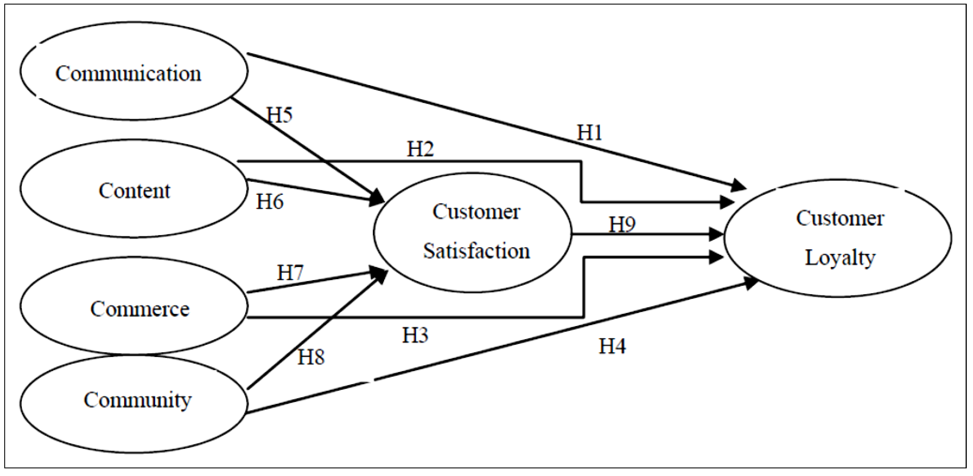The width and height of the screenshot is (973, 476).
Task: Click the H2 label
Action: click(420, 149)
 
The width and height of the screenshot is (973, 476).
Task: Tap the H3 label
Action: click(415, 335)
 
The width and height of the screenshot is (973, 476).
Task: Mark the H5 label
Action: click(279, 115)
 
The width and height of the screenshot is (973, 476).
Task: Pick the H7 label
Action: click(290, 272)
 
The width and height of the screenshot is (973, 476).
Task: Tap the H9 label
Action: click(622, 225)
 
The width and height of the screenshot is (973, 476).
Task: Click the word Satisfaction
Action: click(477, 251)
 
